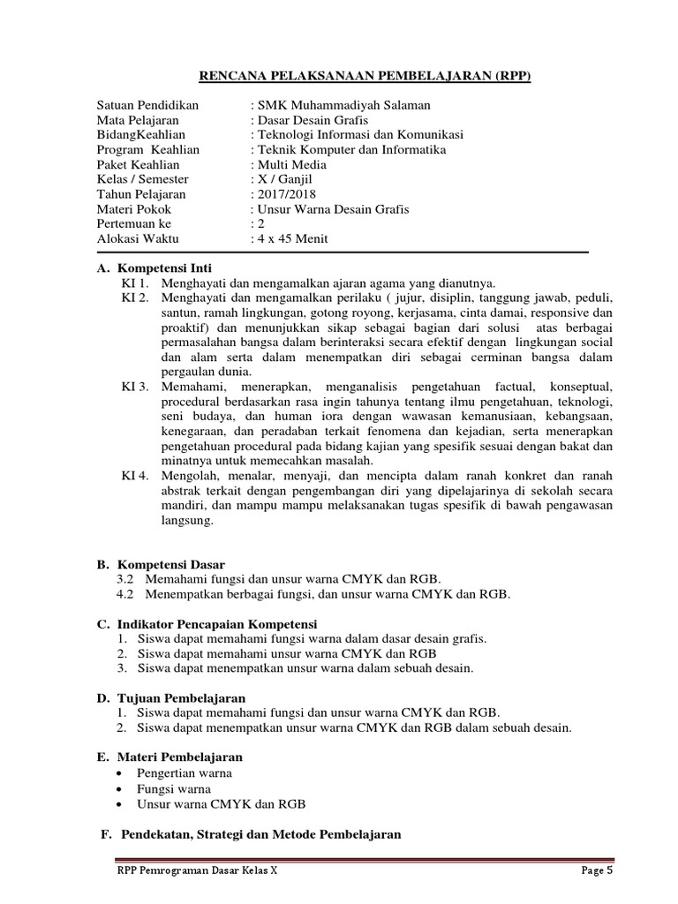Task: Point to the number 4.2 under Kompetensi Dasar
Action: (x=124, y=594)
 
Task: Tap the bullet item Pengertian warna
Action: (x=182, y=772)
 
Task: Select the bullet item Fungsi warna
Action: (x=174, y=788)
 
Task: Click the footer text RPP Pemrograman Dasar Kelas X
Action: (x=197, y=870)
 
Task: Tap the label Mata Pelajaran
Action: (x=138, y=120)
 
